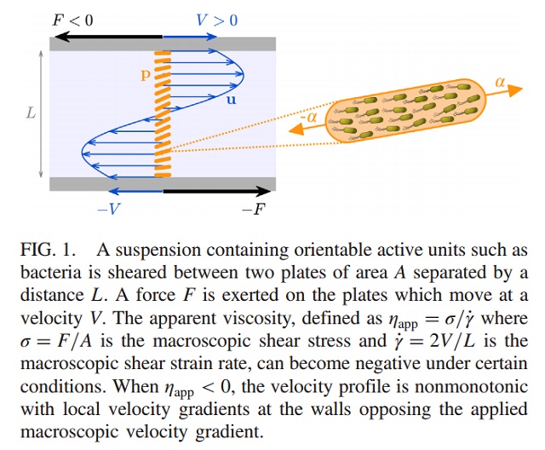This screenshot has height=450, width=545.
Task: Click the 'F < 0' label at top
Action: click(73, 20)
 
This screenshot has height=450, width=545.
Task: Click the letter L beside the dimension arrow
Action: click(32, 112)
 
